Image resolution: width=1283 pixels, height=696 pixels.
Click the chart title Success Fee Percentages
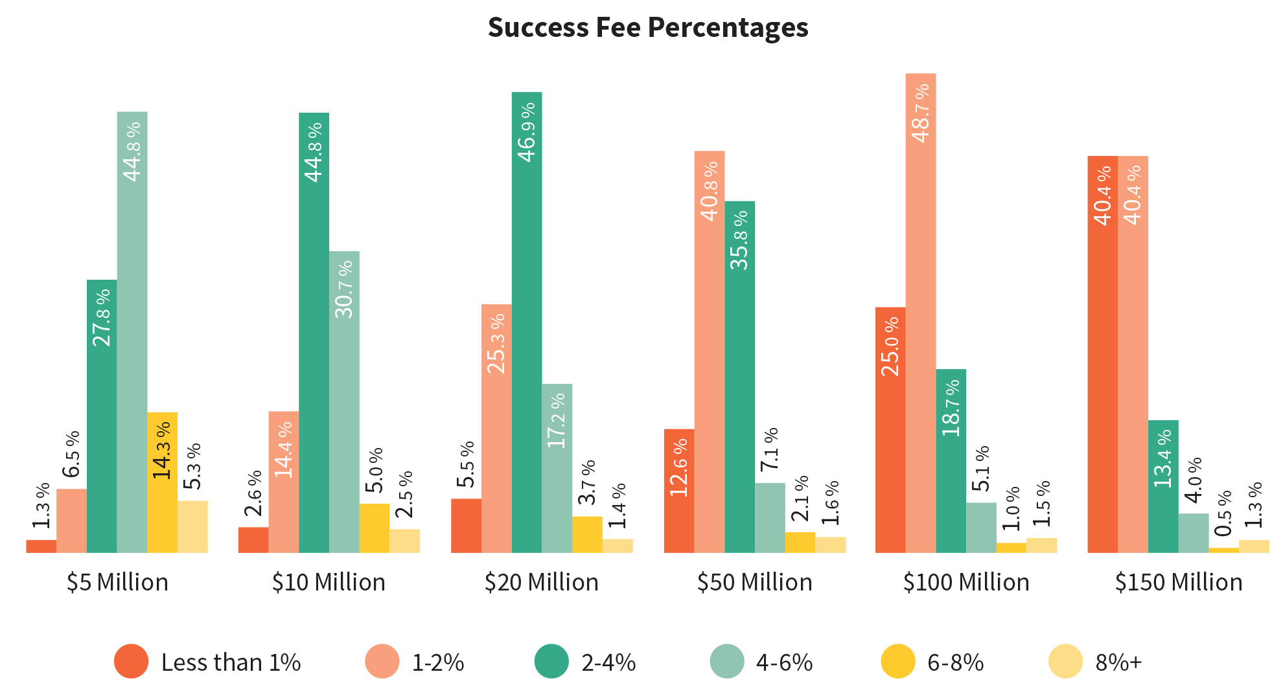647,28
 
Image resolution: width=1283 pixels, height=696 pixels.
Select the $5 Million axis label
117,582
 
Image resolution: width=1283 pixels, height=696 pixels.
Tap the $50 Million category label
754,582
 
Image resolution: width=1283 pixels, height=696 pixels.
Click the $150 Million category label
1179,582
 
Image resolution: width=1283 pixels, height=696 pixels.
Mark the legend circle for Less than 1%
131,662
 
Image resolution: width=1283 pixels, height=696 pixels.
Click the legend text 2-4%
608,662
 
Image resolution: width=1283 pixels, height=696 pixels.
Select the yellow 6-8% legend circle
898,662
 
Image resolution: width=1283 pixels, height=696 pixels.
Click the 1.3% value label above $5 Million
41,506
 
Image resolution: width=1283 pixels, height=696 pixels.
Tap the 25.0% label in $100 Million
890,346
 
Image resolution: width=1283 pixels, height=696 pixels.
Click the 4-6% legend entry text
784,662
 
